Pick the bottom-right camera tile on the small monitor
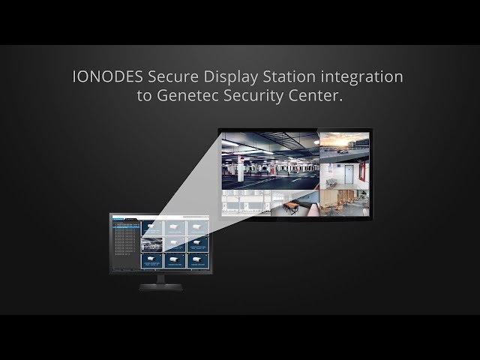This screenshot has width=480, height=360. pyautogui.click(x=196, y=261)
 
